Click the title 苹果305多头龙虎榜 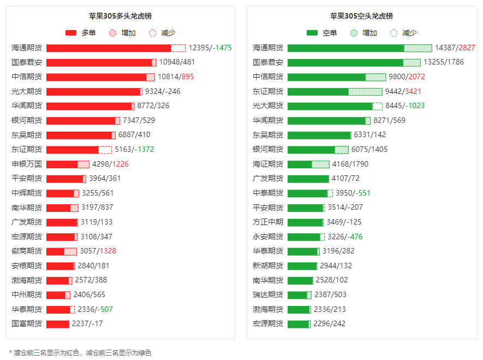point(121,16)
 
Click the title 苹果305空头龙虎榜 point(361,16)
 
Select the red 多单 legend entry point(80,33)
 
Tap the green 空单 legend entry point(321,33)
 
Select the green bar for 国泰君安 point(345,62)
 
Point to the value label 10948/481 point(176,62)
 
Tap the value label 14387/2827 point(455,48)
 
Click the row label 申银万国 point(27,164)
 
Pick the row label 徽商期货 point(27,251)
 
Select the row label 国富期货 point(27,323)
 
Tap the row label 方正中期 point(268,222)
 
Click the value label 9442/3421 point(403,91)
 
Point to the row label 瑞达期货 point(268,295)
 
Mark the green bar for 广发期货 point(308,179)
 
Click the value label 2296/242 point(330,323)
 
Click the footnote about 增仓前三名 point(80,353)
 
